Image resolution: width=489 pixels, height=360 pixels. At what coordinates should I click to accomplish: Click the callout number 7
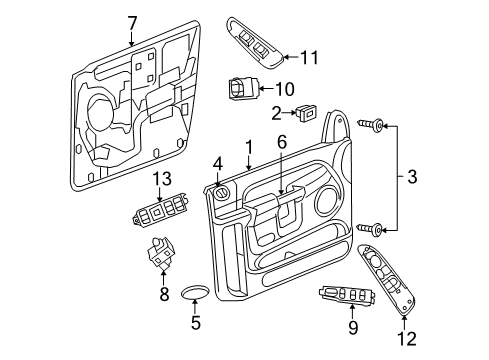pyautogui.click(x=132, y=22)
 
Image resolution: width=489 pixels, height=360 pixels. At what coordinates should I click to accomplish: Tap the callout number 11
pyautogui.click(x=309, y=58)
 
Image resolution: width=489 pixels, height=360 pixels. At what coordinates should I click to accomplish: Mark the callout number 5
pyautogui.click(x=195, y=322)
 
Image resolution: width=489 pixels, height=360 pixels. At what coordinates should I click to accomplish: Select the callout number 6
pyautogui.click(x=281, y=144)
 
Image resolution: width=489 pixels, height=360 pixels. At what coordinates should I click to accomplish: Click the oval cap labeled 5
pyautogui.click(x=195, y=292)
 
